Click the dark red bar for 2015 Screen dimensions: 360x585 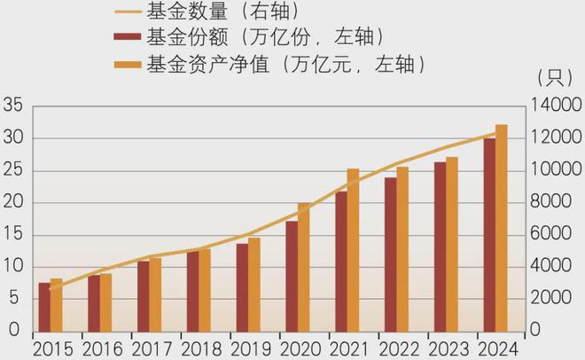click(x=44, y=307)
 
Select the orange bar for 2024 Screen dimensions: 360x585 click(x=502, y=228)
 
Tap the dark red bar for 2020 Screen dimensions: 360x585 click(x=292, y=276)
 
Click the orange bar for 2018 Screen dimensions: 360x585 click(x=205, y=290)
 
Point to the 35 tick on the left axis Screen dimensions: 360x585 click(x=12, y=106)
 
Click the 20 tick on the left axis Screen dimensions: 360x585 click(x=12, y=203)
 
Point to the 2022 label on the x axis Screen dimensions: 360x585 click(x=402, y=347)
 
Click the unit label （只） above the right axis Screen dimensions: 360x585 click(x=552, y=79)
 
